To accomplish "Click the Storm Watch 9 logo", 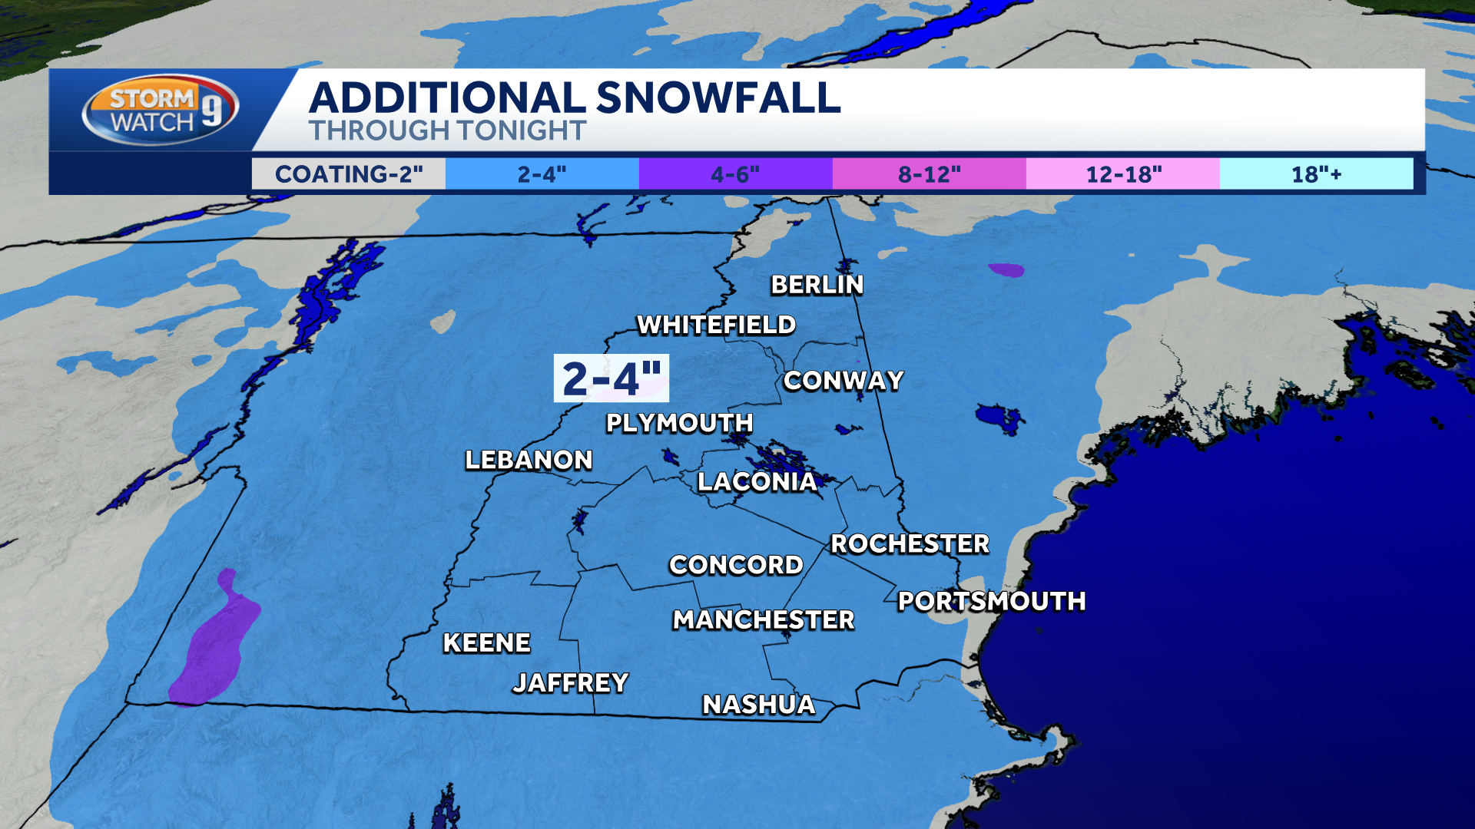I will point(160,110).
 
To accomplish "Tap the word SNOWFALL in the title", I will point(718,98).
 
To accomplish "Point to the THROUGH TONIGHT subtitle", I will point(447,131).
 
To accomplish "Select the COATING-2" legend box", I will point(349,174).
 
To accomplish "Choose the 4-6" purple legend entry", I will point(735,174).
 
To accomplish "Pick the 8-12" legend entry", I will point(929,174).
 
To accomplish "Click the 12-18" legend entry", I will point(1122,174).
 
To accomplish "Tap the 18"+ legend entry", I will point(1315,174).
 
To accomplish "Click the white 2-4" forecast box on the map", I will point(612,378).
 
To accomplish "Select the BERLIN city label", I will point(817,285).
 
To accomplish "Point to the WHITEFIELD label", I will point(716,325).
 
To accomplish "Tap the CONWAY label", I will point(843,381).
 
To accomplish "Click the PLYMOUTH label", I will point(679,423).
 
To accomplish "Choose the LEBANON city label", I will point(529,460).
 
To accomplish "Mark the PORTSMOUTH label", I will point(991,601).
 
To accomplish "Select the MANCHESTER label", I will point(763,619).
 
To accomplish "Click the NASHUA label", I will point(758,704).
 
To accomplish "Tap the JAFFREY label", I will point(570,682).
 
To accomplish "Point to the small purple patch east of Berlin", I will point(1006,270).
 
